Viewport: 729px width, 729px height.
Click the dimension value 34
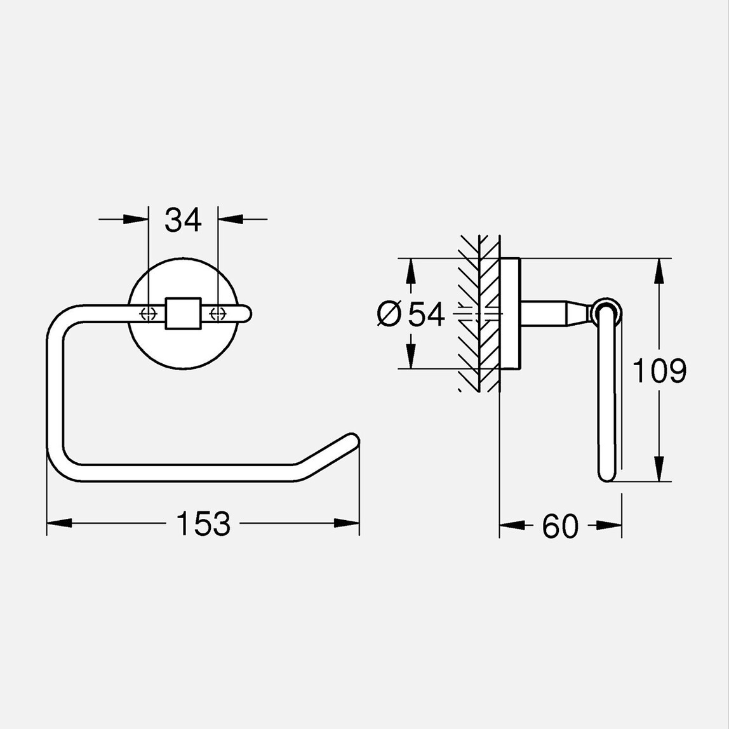183,220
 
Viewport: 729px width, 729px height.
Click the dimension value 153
203,524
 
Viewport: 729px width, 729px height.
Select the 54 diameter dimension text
426,314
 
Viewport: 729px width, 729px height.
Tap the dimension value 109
659,371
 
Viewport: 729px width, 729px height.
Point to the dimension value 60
560,526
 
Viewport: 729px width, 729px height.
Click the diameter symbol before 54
389,314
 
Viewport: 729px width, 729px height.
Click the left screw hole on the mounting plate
148,314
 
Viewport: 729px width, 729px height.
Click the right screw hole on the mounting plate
218,314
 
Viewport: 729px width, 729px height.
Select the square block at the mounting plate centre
183,314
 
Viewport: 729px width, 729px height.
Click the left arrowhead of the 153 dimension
58,523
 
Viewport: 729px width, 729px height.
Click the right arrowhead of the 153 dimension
347,523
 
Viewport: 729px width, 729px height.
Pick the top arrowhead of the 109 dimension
660,271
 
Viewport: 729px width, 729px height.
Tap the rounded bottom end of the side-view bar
607,475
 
